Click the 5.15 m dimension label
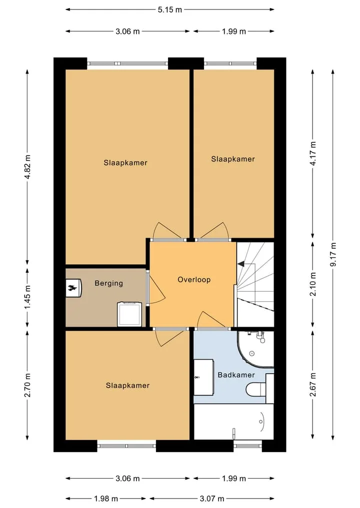(170, 9)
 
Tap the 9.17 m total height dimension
(333, 254)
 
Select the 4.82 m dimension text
(27, 166)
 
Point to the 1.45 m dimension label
(27, 297)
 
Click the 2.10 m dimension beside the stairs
(313, 284)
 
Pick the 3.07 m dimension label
(212, 499)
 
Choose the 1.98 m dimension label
(105, 499)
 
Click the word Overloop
(194, 280)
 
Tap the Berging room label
(108, 284)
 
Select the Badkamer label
(236, 375)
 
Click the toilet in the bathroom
(256, 389)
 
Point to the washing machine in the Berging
(129, 314)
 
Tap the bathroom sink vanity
(203, 377)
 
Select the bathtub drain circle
(261, 422)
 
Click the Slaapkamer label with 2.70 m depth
(127, 386)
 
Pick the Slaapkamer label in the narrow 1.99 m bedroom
(233, 159)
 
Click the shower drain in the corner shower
(251, 354)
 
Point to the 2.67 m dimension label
(313, 385)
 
